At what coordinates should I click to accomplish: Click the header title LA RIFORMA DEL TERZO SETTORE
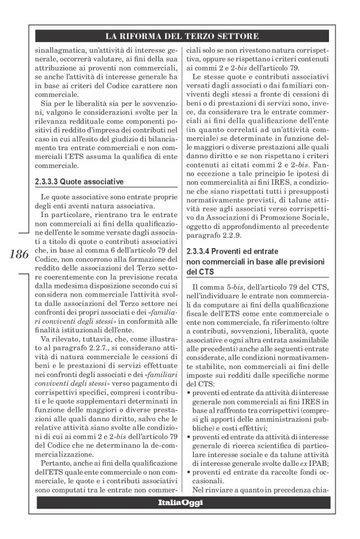pos(180,35)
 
